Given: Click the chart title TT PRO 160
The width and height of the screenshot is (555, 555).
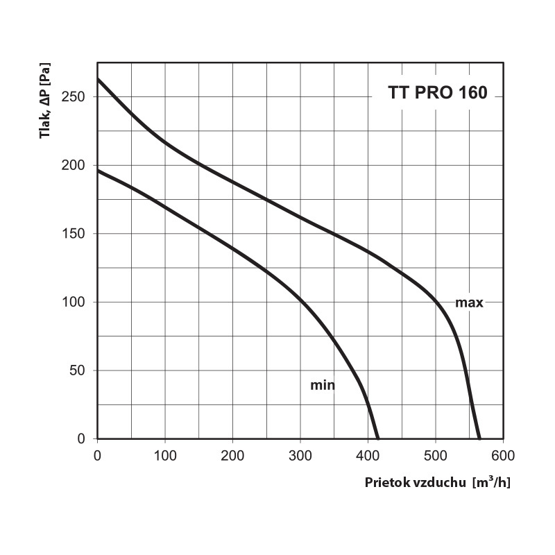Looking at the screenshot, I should click(437, 94).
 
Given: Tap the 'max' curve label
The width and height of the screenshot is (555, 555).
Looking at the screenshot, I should click(469, 302).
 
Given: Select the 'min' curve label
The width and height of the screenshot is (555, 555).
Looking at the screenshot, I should click(323, 385).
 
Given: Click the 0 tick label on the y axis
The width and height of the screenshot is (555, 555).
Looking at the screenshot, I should click(83, 439).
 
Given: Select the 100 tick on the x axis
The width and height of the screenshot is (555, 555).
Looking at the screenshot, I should click(164, 455).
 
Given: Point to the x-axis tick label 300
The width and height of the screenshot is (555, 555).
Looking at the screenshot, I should click(300, 455).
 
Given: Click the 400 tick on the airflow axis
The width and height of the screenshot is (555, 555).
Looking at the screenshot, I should click(368, 455).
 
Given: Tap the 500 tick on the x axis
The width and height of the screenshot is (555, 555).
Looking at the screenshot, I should click(435, 455).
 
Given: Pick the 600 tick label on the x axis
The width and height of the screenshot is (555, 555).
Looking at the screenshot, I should click(503, 455).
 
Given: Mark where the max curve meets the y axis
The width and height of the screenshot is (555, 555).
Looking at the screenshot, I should click(98, 79).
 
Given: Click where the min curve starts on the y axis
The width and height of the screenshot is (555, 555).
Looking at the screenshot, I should click(98, 170).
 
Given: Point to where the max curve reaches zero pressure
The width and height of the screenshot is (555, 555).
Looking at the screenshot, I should click(479, 438).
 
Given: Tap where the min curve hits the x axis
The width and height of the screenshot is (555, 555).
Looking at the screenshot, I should click(377, 438).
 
